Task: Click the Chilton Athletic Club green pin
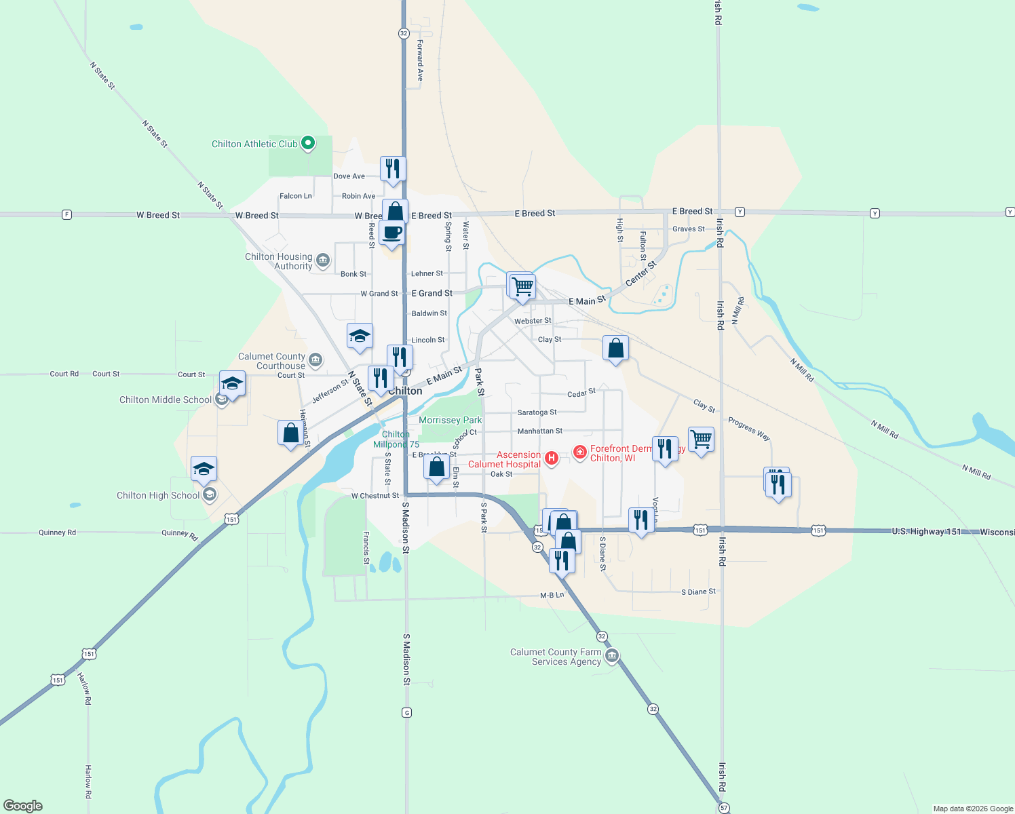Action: click(308, 143)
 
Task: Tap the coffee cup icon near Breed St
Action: click(391, 233)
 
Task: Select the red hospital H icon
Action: click(552, 459)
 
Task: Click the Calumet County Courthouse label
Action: click(271, 361)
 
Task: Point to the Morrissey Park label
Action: click(450, 420)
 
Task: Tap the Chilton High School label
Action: click(158, 495)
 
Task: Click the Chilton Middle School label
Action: click(166, 400)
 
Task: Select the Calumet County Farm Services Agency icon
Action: click(612, 656)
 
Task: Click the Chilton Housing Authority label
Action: click(279, 261)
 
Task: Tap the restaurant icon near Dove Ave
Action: click(393, 169)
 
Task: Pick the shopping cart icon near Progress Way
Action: click(701, 440)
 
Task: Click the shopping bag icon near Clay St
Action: click(615, 349)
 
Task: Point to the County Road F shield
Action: click(66, 214)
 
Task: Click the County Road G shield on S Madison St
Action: click(406, 712)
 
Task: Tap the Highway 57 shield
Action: click(723, 808)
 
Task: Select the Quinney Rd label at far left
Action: click(57, 532)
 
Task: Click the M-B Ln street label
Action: click(552, 595)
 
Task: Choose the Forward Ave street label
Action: click(420, 60)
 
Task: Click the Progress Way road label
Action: click(749, 429)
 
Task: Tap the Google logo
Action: click(23, 806)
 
